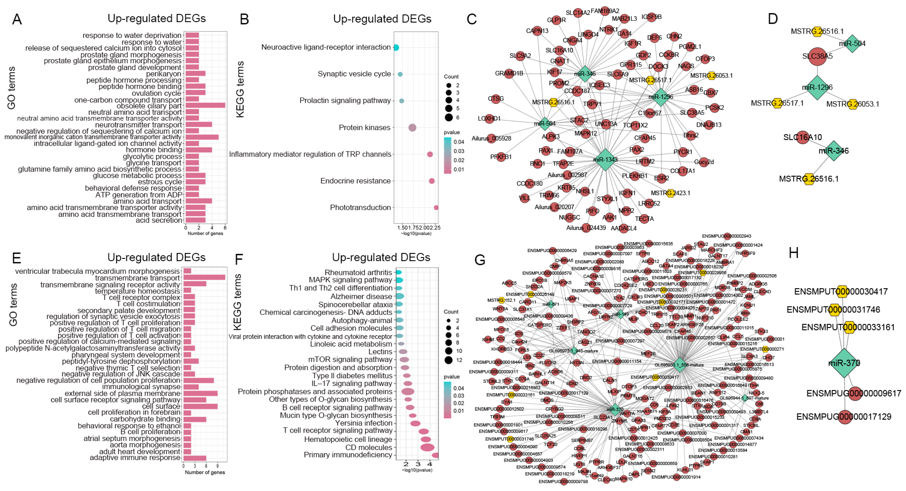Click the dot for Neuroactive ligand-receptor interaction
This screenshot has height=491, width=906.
[x=396, y=47]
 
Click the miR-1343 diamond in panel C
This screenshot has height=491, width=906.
[x=605, y=160]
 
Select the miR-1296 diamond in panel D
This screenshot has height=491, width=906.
[x=817, y=87]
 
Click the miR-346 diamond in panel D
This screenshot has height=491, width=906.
[x=834, y=151]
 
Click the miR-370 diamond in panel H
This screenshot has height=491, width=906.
[x=844, y=363]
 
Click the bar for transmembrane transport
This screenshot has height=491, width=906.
[x=204, y=278]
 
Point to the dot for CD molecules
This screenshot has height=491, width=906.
[x=427, y=447]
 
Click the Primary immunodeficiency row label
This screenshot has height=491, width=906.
[x=348, y=455]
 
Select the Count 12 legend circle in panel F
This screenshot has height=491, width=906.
[x=448, y=360]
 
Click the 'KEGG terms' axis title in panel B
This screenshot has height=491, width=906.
[x=240, y=89]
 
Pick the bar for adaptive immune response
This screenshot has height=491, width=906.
[x=194, y=458]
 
